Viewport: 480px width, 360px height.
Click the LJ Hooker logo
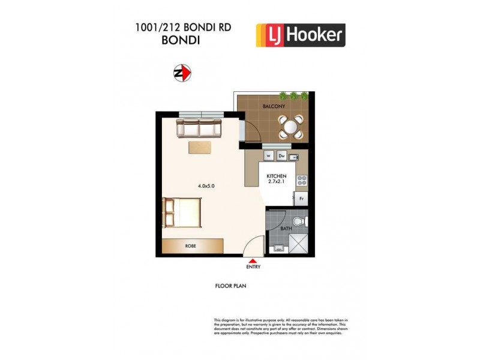300,35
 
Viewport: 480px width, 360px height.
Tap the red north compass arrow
182,73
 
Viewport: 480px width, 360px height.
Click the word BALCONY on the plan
274,106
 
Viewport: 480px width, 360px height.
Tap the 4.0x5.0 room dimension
206,186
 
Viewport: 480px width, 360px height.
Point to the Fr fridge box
301,199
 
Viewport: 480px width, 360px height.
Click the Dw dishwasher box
280,156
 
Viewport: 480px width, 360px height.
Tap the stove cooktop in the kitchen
302,178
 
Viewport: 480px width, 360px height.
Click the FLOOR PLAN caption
231,286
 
